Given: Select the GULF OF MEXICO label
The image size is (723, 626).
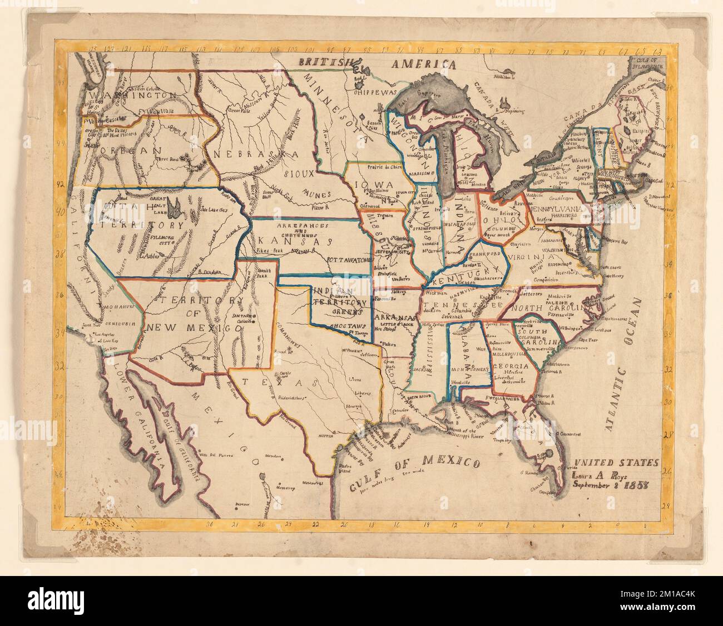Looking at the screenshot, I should [x=415, y=470].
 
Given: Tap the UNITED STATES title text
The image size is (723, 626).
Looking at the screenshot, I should [x=616, y=463].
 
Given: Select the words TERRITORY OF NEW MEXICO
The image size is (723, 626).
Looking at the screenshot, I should [x=194, y=314].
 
